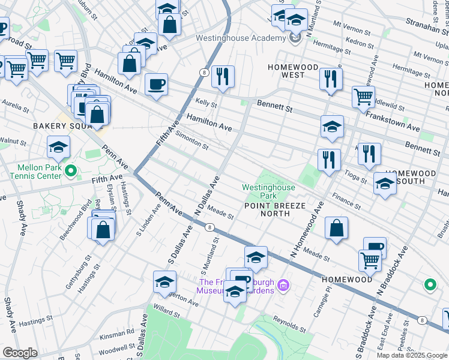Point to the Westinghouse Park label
click(x=268, y=191)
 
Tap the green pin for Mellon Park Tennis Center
click(x=71, y=172)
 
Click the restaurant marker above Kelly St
click(x=223, y=77)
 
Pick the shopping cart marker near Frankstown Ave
click(x=363, y=97)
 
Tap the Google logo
click(x=20, y=353)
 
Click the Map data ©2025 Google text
click(x=411, y=355)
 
